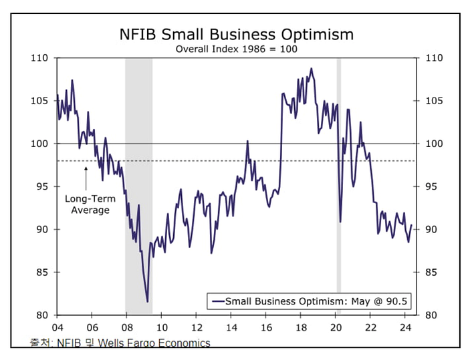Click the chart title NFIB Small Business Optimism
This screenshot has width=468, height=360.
[236, 34]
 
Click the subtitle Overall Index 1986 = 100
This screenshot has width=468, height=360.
[236, 49]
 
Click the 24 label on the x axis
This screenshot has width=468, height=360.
[404, 328]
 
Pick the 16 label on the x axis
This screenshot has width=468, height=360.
[265, 328]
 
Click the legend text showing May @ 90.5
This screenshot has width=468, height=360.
[318, 302]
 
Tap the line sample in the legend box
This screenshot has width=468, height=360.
[217, 302]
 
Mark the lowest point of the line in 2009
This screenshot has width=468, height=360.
[147, 302]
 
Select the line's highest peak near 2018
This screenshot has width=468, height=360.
[311, 68]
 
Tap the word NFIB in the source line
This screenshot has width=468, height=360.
[70, 343]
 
